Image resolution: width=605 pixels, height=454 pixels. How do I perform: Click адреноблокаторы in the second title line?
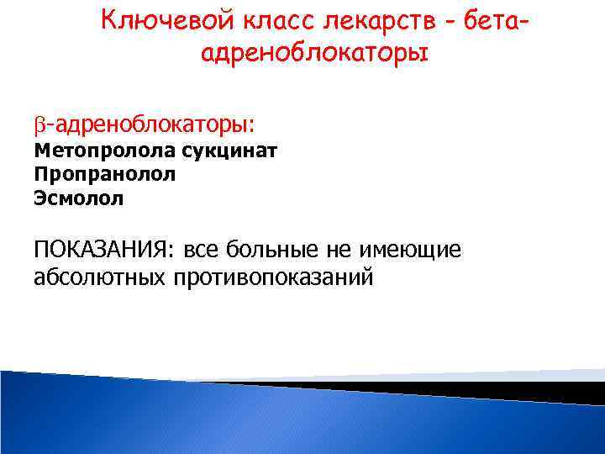click(x=315, y=53)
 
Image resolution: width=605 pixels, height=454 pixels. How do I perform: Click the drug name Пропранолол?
click(x=105, y=175)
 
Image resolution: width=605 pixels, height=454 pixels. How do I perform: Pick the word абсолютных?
click(x=101, y=277)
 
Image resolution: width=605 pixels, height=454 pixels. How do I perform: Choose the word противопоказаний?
click(x=272, y=277)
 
